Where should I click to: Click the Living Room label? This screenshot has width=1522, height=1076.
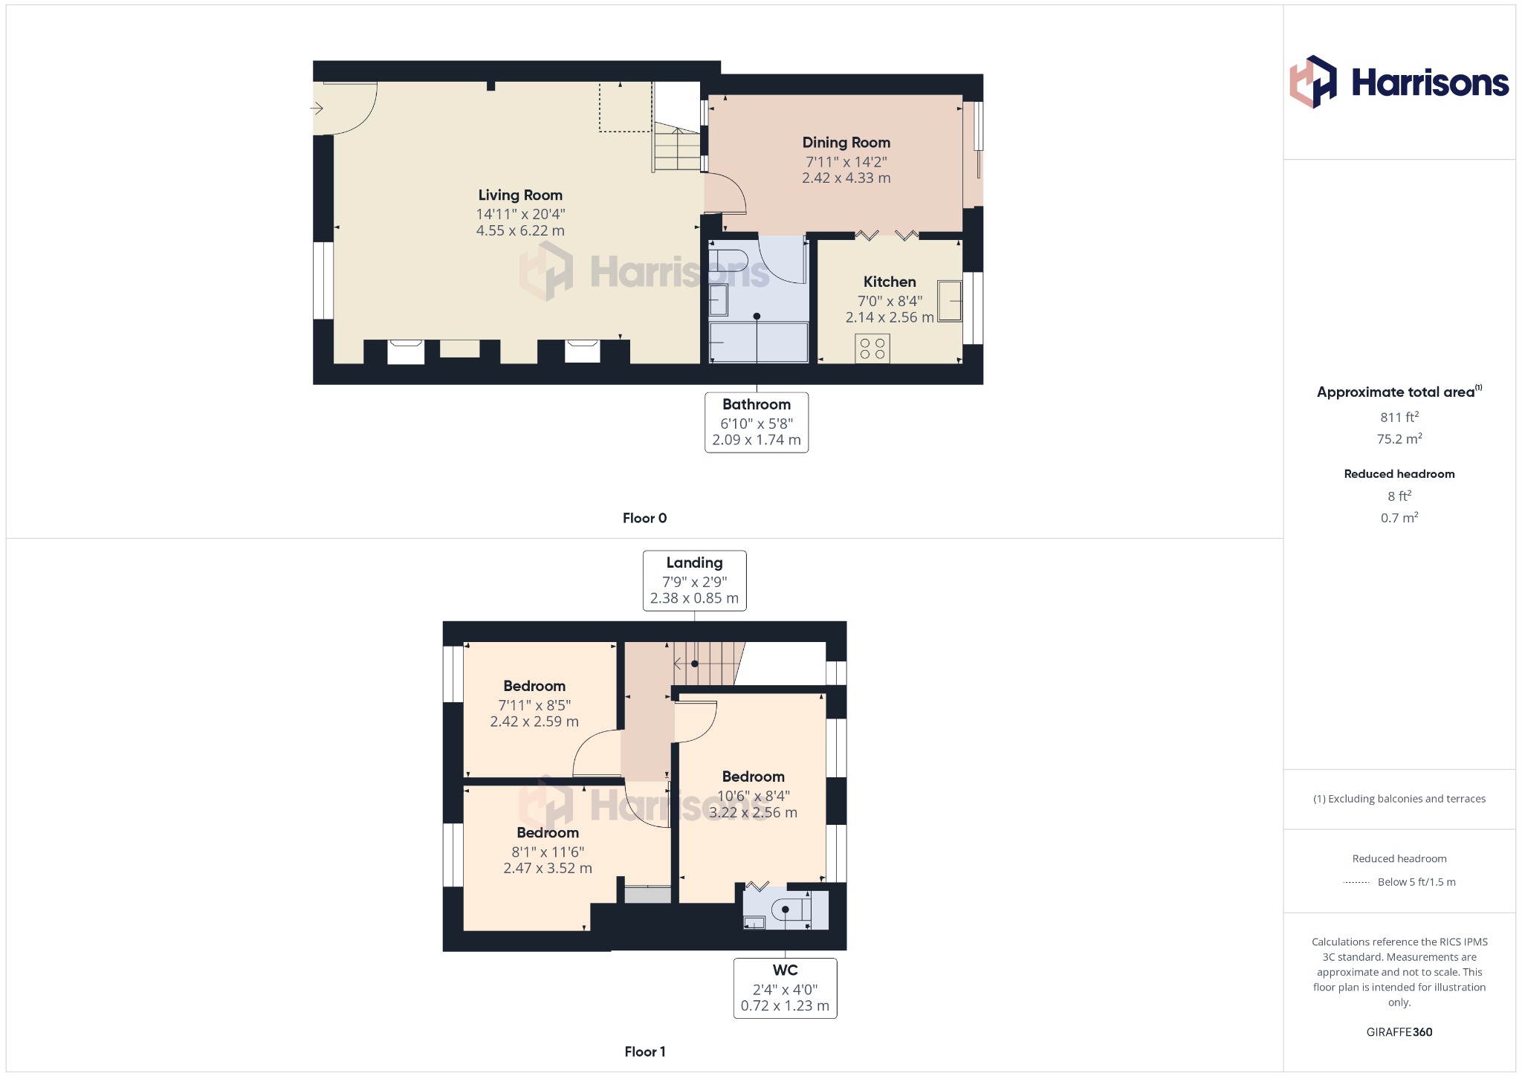pos(520,195)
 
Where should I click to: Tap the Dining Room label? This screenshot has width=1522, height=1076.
pos(846,142)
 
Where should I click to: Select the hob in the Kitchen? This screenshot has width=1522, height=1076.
pos(872,349)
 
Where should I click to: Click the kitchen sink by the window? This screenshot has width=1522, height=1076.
pos(949,300)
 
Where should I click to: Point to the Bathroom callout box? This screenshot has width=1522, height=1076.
pos(757,422)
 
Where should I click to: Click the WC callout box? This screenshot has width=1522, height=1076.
pos(785,988)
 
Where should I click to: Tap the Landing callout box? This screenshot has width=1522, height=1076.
pos(694,580)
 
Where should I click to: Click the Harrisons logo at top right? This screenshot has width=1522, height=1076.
pos(1399,82)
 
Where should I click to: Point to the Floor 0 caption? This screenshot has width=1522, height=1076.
pos(644,518)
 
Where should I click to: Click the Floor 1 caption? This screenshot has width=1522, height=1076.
pos(644,1051)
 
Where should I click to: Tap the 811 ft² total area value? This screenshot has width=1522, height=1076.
pos(1399,417)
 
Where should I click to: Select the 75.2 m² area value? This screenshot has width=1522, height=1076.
pos(1399,438)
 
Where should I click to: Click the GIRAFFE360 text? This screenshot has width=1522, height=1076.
pos(1399,1032)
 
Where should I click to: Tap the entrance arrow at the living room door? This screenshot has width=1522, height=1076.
pos(317,108)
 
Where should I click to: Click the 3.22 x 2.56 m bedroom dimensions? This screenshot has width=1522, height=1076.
pos(753,812)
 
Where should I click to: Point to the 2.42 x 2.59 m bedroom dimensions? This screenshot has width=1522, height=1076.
pos(534,721)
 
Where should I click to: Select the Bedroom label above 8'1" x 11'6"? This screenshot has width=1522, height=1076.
pos(548,832)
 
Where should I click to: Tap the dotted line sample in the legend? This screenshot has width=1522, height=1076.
pos(1356,882)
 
